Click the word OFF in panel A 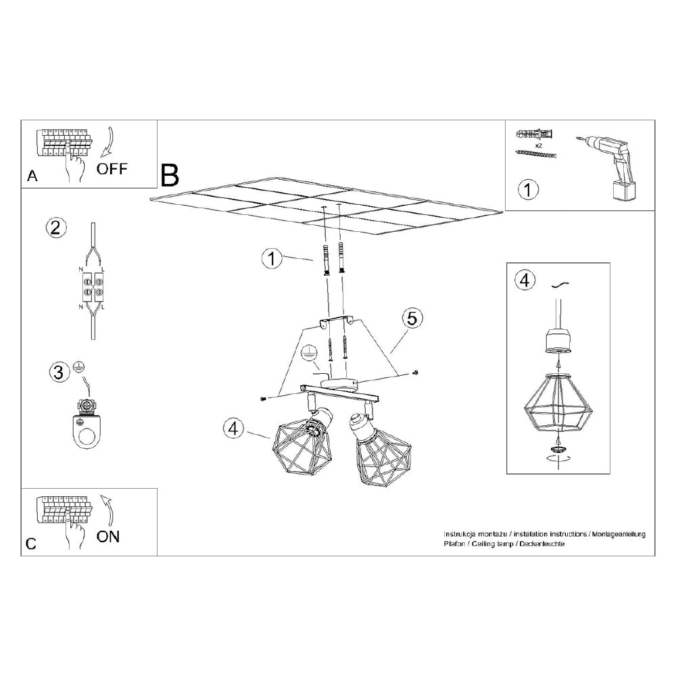[x=112, y=168]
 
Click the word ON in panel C [x=108, y=537]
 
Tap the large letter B [x=170, y=175]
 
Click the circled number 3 [x=59, y=371]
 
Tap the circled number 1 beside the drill [x=528, y=189]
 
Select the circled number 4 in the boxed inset [x=523, y=280]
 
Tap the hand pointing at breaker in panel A [x=74, y=166]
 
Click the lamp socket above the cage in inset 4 [x=557, y=338]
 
